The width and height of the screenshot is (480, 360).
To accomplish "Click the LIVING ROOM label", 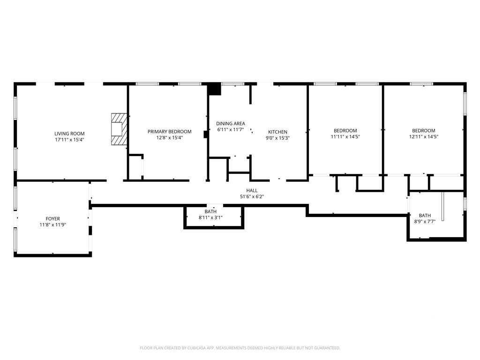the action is pyautogui.click(x=69, y=134).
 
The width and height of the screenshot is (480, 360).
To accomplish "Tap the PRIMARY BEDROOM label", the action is pyautogui.click(x=170, y=132).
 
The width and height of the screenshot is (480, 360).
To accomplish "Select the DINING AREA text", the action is pyautogui.click(x=231, y=124).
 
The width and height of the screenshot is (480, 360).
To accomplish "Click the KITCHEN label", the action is pyautogui.click(x=277, y=132).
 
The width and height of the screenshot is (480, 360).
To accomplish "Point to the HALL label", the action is pyautogui.click(x=252, y=190).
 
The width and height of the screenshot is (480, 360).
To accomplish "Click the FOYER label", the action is pyautogui.click(x=53, y=218).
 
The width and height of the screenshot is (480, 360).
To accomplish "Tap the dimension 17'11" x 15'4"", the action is pyautogui.click(x=69, y=140).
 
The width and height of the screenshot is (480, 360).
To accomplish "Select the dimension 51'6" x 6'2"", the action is pyautogui.click(x=252, y=196).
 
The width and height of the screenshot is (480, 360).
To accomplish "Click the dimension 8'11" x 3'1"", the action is pyautogui.click(x=210, y=217).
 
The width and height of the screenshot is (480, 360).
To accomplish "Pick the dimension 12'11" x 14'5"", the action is pyautogui.click(x=424, y=136).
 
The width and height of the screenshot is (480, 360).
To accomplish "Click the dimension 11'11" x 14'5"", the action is pyautogui.click(x=345, y=136).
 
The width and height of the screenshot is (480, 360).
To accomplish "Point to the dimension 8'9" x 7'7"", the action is pyautogui.click(x=425, y=221).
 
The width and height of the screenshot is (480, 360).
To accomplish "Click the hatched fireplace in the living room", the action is pyautogui.click(x=119, y=129).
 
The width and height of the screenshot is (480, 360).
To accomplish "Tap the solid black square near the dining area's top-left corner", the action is pyautogui.click(x=214, y=89).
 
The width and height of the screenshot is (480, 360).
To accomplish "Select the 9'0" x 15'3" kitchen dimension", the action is pyautogui.click(x=277, y=138).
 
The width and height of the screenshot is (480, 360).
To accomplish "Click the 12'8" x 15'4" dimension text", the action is pyautogui.click(x=170, y=138).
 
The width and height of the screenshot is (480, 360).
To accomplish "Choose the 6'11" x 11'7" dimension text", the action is pyautogui.click(x=231, y=129).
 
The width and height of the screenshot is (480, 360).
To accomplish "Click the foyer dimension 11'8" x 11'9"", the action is pyautogui.click(x=53, y=225).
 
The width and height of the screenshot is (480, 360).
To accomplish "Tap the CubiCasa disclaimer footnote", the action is pyautogui.click(x=240, y=348).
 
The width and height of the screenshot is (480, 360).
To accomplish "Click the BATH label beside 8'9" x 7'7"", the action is pyautogui.click(x=425, y=216).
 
